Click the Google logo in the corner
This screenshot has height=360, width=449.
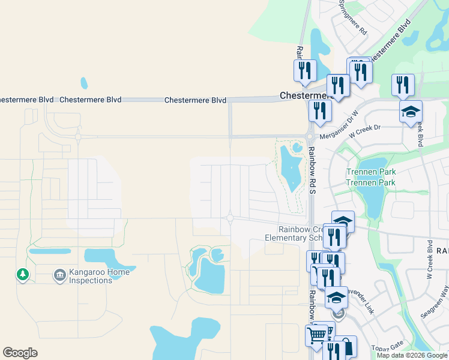(x=20, y=353)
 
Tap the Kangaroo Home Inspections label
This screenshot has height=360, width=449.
(x=98, y=276)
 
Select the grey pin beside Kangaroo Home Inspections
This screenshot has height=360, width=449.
(x=59, y=275)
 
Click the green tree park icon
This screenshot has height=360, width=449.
(x=23, y=274)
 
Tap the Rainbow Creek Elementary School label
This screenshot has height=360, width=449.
(x=298, y=233)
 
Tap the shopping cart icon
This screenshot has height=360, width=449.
(x=316, y=334)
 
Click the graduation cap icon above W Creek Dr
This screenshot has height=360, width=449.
(x=411, y=112)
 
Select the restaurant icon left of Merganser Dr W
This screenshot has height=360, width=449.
(x=320, y=110)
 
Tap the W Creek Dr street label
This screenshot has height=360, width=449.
(x=365, y=128)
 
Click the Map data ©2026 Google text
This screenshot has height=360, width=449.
(x=411, y=355)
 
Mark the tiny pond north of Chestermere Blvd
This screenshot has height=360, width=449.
(x=84, y=83)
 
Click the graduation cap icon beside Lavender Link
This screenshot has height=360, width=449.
(x=336, y=298)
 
